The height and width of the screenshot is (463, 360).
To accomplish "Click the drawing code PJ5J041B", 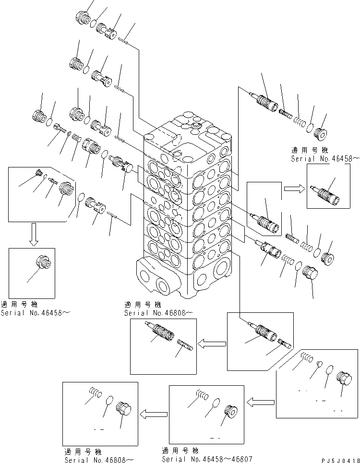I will [x=338, y=459].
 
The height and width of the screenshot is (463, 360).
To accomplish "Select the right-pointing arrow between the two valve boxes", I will [x=291, y=189].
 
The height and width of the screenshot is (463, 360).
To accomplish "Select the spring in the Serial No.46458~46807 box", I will [x=202, y=394].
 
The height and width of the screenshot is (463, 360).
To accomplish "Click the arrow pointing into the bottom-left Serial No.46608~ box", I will [x=153, y=412].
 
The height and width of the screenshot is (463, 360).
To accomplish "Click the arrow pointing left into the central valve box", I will [x=212, y=343].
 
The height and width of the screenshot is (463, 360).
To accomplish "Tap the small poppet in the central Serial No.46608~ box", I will [x=185, y=345].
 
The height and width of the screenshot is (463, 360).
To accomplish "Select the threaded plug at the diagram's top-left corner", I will [x=84, y=18].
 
